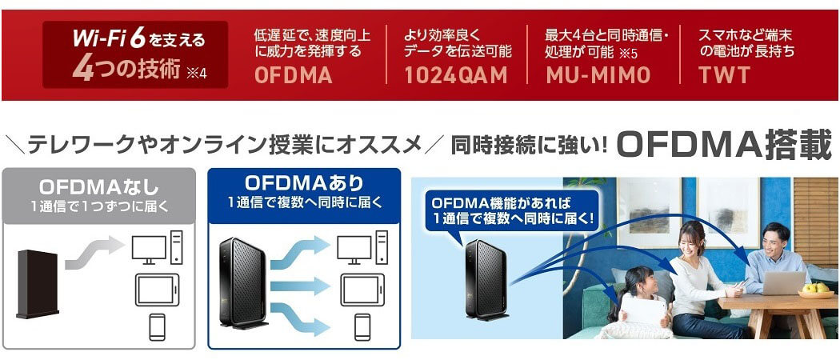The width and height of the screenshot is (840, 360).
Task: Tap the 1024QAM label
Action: coord(455,76)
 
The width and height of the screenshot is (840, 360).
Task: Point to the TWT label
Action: coord(724,76)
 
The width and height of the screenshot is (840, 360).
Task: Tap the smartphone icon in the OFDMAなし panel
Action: coord(158,326)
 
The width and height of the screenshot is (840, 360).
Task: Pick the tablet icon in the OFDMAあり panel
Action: coord(361,289)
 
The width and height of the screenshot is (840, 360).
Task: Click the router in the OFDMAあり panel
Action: coord(239,283)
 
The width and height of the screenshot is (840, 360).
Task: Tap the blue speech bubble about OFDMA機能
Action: coord(506,210)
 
